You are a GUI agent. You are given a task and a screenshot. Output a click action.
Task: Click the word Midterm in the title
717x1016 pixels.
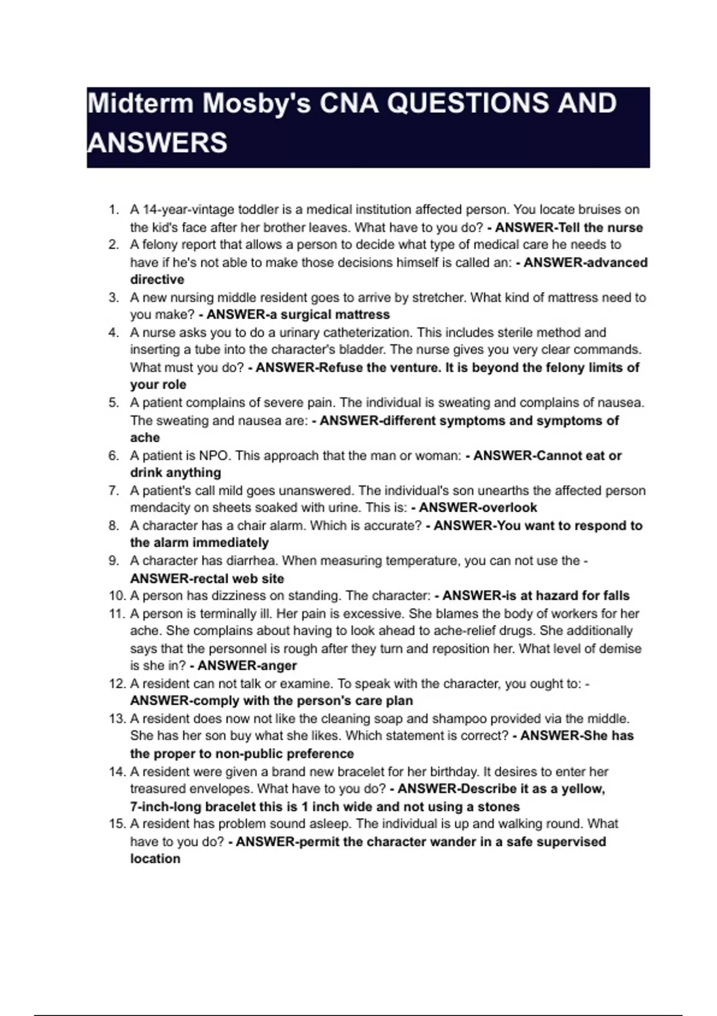[140, 103]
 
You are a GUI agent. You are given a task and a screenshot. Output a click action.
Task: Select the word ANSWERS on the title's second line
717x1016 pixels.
[157, 143]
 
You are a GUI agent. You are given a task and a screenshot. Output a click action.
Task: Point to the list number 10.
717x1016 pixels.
[117, 596]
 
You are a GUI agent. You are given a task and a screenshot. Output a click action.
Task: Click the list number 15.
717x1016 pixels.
[117, 824]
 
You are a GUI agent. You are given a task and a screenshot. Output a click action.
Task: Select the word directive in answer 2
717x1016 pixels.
[157, 280]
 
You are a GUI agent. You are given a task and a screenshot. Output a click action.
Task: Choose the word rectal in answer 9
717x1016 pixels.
[209, 579]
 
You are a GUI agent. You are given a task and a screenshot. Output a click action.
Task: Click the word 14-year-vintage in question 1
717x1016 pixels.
[188, 210]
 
